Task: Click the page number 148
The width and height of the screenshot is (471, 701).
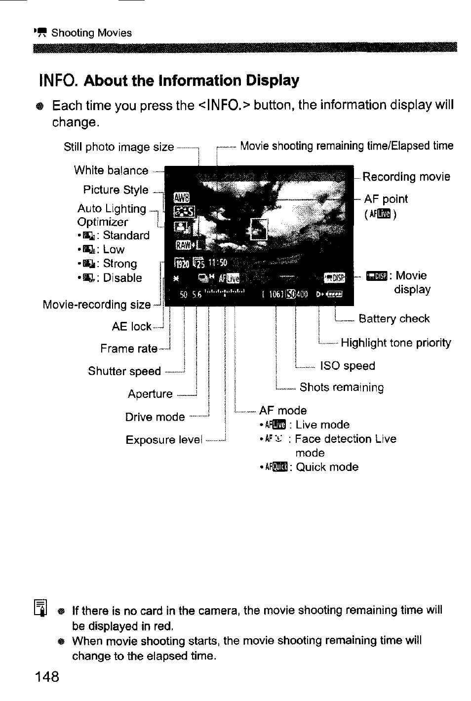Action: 47,676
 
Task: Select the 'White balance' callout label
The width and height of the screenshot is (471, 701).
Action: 111,170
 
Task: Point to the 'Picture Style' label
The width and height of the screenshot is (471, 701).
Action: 116,190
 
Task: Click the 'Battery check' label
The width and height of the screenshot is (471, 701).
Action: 394,319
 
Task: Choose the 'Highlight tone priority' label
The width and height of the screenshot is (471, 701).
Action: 396,343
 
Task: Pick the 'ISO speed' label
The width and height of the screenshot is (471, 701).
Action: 348,366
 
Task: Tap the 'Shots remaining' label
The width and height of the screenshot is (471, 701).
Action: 342,388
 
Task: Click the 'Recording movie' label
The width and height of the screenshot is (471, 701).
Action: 406,177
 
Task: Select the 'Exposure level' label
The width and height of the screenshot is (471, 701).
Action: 164,440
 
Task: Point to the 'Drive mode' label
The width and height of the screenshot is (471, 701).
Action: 155,417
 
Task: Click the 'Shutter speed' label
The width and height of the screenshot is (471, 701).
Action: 124,371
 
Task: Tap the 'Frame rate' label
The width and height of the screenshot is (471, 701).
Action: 128,349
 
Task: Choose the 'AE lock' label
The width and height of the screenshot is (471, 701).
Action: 131,327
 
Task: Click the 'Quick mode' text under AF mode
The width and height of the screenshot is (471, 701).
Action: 327,467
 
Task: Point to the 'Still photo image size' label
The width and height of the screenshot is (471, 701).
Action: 118,147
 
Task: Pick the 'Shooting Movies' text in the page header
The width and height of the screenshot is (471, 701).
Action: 91,33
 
